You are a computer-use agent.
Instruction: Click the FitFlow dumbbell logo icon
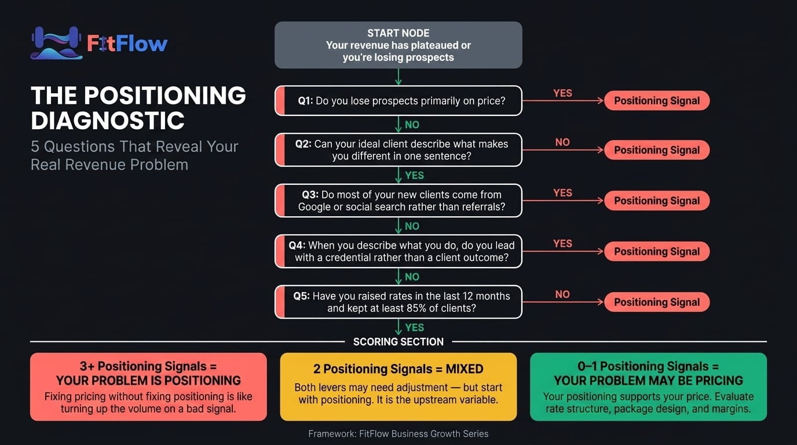point(56,43)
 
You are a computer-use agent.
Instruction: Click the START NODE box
point(398,45)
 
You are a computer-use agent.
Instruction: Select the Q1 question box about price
point(398,101)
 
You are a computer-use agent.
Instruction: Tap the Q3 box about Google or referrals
point(398,200)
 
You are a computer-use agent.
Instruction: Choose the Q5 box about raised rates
point(398,302)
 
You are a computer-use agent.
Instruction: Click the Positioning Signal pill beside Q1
point(657,101)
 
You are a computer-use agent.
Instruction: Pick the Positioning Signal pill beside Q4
point(657,251)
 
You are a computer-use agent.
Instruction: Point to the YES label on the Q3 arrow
point(562,193)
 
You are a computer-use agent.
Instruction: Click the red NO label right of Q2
point(562,143)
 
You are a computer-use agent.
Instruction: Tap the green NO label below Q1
point(412,125)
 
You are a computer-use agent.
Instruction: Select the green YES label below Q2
point(414,176)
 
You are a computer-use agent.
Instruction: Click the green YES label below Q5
point(414,328)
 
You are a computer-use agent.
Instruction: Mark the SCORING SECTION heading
point(398,342)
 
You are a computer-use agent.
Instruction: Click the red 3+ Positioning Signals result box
point(148,386)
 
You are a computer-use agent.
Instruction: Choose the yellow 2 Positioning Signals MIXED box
point(398,386)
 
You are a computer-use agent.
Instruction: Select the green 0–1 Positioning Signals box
point(648,386)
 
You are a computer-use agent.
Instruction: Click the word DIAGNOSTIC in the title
point(108,121)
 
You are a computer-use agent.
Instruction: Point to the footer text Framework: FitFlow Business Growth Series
point(398,433)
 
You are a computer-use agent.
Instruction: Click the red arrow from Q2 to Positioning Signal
point(562,150)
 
